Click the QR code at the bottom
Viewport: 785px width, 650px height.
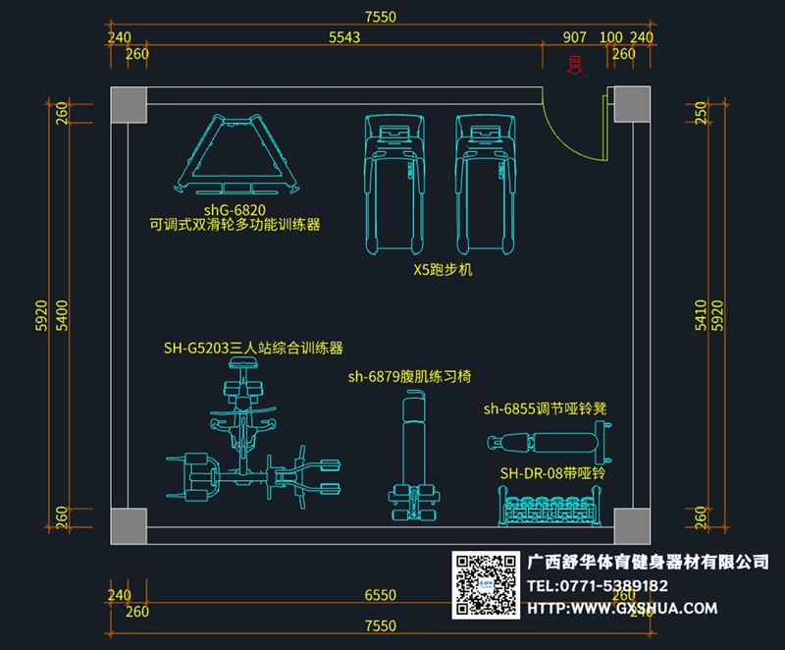point(486,584)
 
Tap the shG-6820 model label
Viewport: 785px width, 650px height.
point(235,209)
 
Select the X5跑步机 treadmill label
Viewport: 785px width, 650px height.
point(443,268)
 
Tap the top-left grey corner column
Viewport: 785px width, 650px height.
point(128,105)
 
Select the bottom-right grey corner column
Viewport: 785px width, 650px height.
point(627,524)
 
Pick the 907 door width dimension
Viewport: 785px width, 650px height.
point(575,37)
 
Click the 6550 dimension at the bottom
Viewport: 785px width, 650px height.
point(380,595)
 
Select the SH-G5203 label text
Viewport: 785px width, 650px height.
point(253,348)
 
